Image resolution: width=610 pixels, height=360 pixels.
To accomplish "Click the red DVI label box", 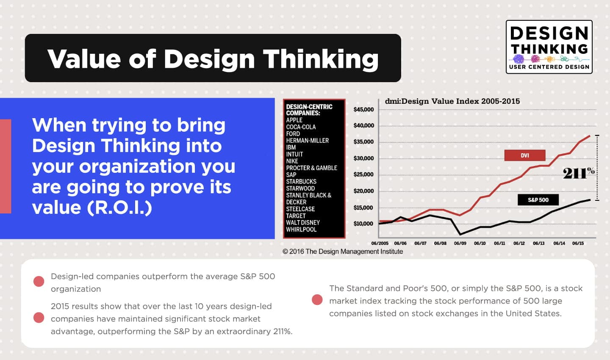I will coord(524,155).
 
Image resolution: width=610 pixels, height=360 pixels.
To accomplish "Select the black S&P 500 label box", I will coord(538,200).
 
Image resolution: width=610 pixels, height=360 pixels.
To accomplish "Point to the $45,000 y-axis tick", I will coord(363,110).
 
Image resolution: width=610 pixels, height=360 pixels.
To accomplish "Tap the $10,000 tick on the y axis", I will coord(363,224).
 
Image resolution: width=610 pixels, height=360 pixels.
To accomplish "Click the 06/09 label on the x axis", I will coord(460,244).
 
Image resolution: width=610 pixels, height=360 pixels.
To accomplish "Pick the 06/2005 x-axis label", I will coord(380,244).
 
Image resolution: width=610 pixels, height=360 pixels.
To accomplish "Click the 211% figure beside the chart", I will coord(578,173).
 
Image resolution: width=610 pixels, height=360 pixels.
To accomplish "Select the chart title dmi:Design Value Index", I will coord(452,101).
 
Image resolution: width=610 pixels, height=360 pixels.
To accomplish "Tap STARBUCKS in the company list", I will coord(301,182).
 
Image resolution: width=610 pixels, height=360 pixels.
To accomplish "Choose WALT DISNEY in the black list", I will coord(303,223).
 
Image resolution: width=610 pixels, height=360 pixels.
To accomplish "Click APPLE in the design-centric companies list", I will coord(294,120).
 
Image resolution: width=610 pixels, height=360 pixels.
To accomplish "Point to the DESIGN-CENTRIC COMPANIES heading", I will coord(309,110).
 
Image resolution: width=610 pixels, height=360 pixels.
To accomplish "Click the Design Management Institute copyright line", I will coord(343,252).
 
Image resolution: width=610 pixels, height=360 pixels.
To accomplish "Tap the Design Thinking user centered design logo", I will coord(549,47).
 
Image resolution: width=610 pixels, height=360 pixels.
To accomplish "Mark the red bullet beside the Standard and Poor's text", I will coord(317,300).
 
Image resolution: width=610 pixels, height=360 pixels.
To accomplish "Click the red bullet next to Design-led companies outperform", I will coord(39,282).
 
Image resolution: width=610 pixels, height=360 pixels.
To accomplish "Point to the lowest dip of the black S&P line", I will coord(460,234).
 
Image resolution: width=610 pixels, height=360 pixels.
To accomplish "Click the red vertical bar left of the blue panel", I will coord(6,166).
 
